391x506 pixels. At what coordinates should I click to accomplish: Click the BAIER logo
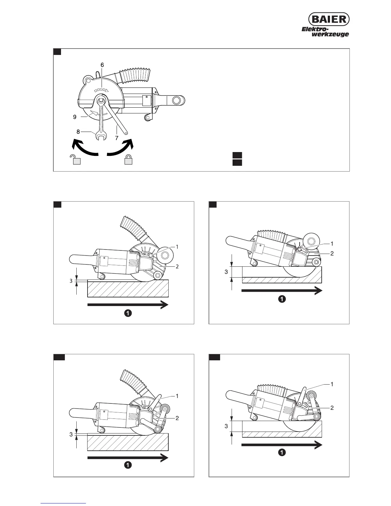point(329,19)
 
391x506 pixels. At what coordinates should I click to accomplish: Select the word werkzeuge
point(330,34)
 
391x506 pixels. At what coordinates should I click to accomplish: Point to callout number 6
point(102,65)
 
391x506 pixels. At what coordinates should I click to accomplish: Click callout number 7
point(117,138)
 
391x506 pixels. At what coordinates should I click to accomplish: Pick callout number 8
point(78,131)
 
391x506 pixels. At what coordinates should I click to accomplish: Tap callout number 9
point(74,117)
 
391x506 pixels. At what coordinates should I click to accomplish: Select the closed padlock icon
point(128,159)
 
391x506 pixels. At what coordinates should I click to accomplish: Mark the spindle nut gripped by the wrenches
point(101,100)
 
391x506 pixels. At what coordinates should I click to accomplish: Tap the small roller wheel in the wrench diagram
point(148,118)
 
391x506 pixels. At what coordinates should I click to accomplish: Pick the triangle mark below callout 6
point(107,91)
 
